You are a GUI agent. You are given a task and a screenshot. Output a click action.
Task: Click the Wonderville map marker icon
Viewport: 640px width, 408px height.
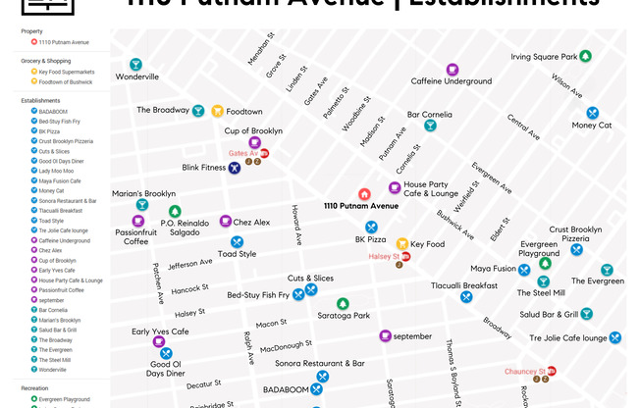pos(135,65)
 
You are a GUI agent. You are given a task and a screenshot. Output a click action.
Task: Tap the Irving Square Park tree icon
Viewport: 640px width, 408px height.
pos(585,57)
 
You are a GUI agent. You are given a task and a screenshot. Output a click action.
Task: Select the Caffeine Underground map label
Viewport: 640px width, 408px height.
pos(451,80)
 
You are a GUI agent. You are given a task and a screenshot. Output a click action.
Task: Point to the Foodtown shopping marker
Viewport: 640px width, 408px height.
pos(217,111)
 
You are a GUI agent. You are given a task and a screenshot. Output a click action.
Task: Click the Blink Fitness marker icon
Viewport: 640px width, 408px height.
pos(235,168)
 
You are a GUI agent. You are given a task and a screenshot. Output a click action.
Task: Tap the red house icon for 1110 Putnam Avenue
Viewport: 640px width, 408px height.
pos(364,194)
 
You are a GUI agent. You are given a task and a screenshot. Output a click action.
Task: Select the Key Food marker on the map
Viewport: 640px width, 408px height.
pos(401,243)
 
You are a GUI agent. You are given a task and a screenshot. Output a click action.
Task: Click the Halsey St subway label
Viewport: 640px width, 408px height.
pos(384,257)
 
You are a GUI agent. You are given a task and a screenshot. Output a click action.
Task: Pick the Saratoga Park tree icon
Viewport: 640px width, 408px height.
pos(343,304)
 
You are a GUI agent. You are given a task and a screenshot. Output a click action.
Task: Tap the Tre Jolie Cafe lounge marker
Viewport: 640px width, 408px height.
pos(614,337)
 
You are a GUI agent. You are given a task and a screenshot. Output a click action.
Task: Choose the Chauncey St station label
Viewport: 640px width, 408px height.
pos(524,372)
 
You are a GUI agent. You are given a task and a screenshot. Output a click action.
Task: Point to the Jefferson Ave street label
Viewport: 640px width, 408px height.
pos(189,264)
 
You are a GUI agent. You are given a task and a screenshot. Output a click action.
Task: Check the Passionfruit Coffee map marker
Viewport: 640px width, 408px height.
pos(137,222)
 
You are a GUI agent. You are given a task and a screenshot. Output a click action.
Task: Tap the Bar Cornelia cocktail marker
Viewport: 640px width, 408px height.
pos(430,126)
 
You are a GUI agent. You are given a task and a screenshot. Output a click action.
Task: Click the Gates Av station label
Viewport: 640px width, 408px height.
pos(242,154)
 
